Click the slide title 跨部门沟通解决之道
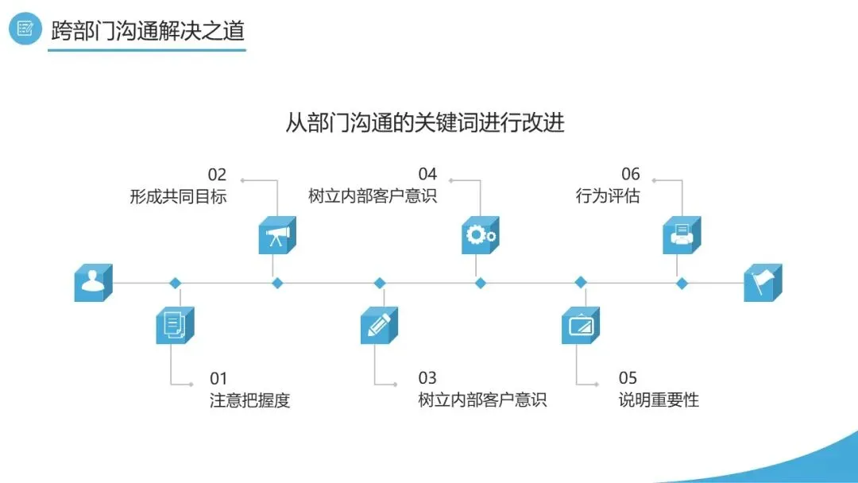pyautogui.click(x=147, y=30)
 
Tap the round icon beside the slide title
pyautogui.click(x=25, y=29)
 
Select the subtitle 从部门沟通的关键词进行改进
pyautogui.click(x=425, y=123)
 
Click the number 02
pyautogui.click(x=217, y=175)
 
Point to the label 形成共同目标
pyautogui.click(x=178, y=195)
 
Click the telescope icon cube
pyautogui.click(x=276, y=235)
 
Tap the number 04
pyautogui.click(x=427, y=175)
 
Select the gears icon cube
pyautogui.click(x=480, y=235)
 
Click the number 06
pyautogui.click(x=630, y=175)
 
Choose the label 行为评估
pyautogui.click(x=608, y=195)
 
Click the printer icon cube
pyautogui.click(x=682, y=235)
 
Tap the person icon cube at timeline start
pyautogui.click(x=93, y=283)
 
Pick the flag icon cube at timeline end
pyautogui.click(x=763, y=283)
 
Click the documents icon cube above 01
pyautogui.click(x=175, y=325)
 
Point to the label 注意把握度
pyautogui.click(x=250, y=400)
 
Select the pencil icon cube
pyautogui.click(x=379, y=325)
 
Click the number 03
pyautogui.click(x=427, y=378)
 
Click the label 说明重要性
pyautogui.click(x=659, y=400)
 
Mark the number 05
pyautogui.click(x=628, y=378)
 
